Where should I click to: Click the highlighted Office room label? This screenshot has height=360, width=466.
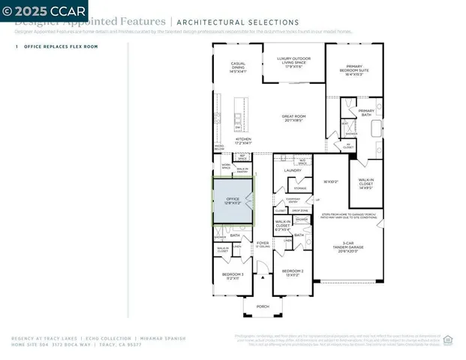pyautogui.click(x=233, y=201)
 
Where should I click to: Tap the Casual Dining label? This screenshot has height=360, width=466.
pyautogui.click(x=238, y=68)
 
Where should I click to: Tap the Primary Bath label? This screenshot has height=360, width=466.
pyautogui.click(x=365, y=112)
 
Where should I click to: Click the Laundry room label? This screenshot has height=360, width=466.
pyautogui.click(x=293, y=170)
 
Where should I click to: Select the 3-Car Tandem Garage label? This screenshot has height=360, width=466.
pyautogui.click(x=347, y=247)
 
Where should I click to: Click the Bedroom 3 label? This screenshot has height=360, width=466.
pyautogui.click(x=231, y=275)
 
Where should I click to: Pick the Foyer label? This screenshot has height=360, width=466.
pyautogui.click(x=263, y=244)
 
